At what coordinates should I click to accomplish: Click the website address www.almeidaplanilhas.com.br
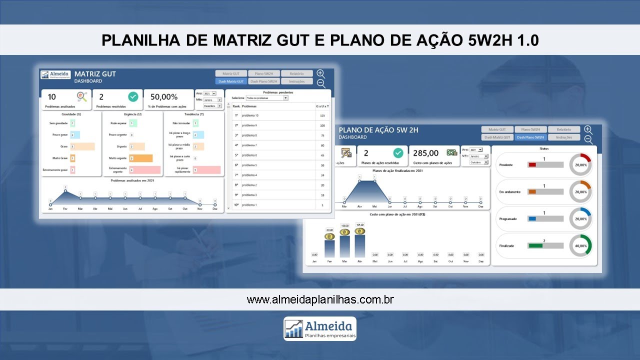coord(320,300)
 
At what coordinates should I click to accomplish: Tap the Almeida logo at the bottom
coord(320,328)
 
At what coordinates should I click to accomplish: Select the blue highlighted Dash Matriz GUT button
coord(230,81)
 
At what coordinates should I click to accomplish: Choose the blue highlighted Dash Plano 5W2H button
coord(531,137)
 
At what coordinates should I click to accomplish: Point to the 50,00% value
coord(164,97)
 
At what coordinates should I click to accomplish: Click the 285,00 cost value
coord(426,153)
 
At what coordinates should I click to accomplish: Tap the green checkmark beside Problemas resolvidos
coord(133,97)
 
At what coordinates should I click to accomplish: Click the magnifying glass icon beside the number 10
coord(81,96)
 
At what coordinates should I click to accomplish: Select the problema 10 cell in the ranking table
coord(250,115)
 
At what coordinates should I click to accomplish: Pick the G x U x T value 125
coord(322,115)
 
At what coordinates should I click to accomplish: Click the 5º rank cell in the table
coord(236,155)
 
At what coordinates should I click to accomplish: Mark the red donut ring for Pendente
coord(580,164)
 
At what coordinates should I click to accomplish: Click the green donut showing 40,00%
coord(580,245)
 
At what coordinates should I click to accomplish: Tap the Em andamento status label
coord(509,192)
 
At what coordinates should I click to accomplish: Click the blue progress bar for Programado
coord(532,218)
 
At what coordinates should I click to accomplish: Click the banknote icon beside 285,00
coord(451,153)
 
